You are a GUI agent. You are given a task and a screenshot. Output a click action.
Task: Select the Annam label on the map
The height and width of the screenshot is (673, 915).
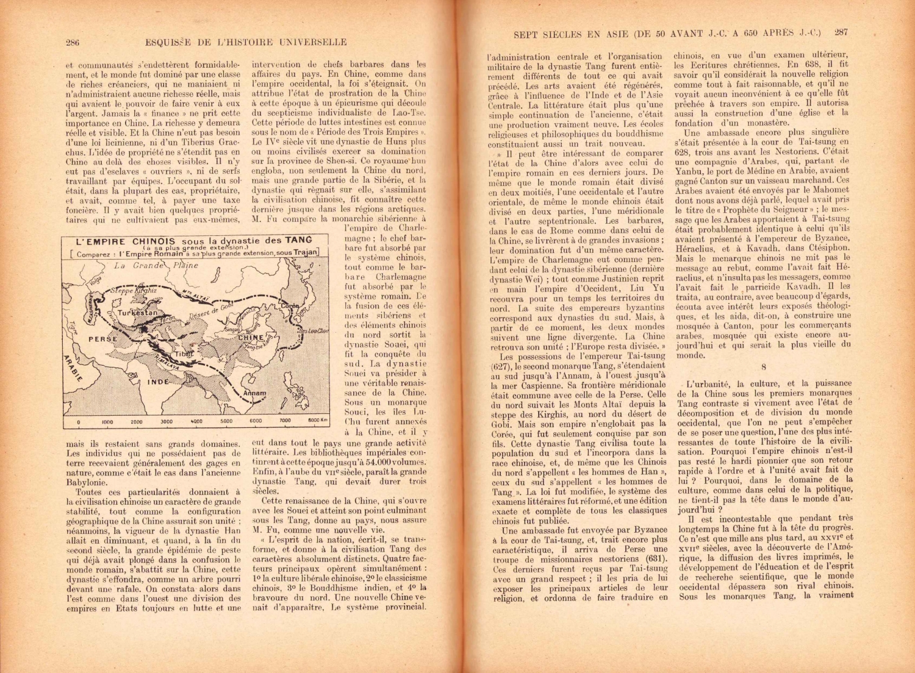point(254,393)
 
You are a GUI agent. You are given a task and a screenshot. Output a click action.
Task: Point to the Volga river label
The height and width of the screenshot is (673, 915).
point(94,282)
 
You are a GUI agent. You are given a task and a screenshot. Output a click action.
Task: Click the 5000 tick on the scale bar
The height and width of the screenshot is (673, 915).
point(226,421)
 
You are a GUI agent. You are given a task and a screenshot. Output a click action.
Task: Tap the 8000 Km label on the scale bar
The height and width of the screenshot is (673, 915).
point(318,420)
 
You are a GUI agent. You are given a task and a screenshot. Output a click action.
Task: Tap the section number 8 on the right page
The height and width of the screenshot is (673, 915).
point(763,367)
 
